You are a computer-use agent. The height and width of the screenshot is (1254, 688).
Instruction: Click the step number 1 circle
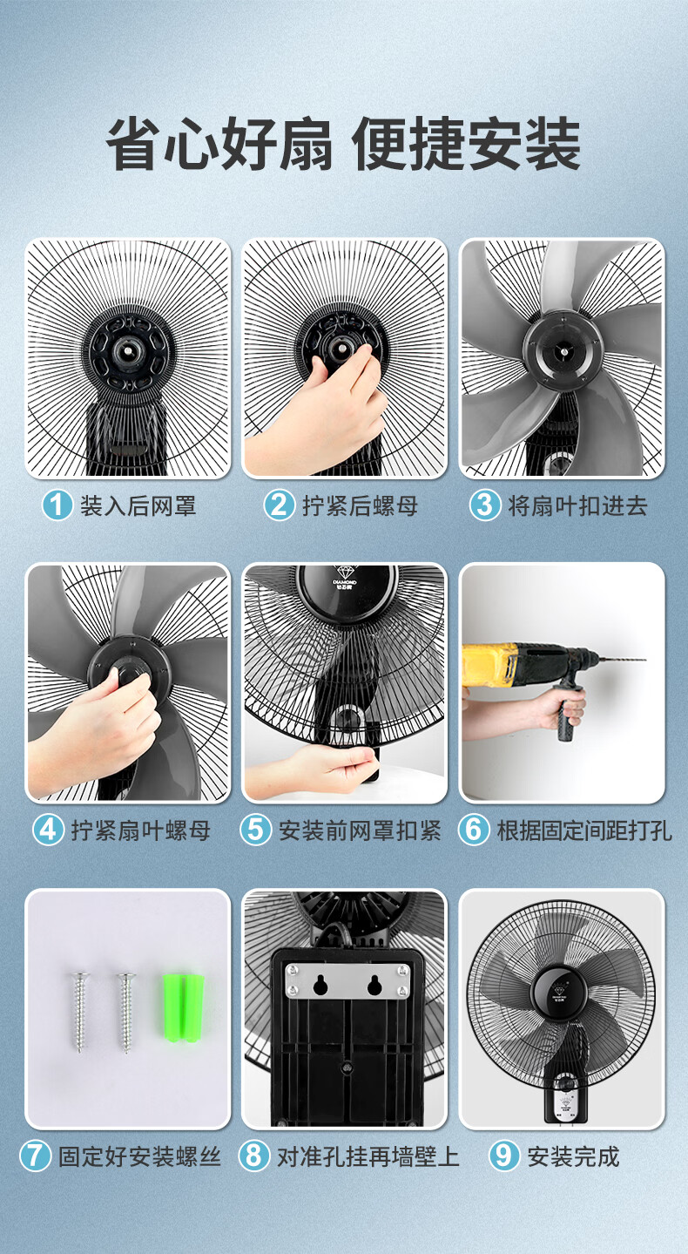click(x=57, y=505)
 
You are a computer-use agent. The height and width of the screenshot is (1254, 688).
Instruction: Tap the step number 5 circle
click(x=256, y=830)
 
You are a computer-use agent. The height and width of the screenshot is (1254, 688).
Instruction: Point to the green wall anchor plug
click(x=184, y=1007)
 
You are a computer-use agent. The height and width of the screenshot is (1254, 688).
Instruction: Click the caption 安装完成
click(x=573, y=1156)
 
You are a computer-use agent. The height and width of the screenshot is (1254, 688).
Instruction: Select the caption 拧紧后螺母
click(x=361, y=505)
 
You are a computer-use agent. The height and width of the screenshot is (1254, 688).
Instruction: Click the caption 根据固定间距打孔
click(x=584, y=830)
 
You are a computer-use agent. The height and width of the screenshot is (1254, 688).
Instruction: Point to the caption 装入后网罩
click(x=138, y=505)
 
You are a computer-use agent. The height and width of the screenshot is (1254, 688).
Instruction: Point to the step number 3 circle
click(x=485, y=505)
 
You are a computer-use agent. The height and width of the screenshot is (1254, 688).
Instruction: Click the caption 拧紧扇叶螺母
click(x=141, y=830)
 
